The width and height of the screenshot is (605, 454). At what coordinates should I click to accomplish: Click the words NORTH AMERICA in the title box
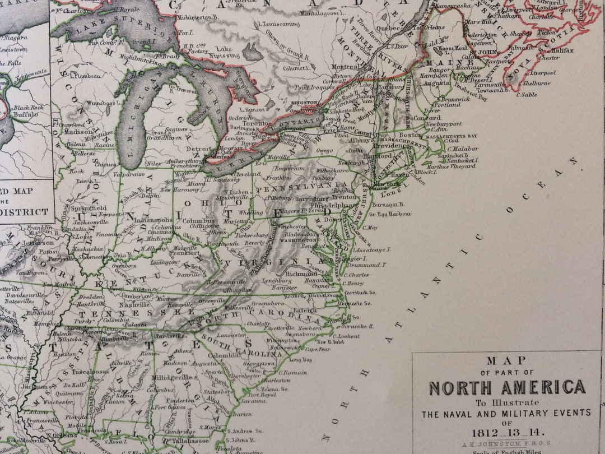(507, 387)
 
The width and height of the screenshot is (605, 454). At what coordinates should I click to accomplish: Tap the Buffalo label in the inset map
(27, 114)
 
